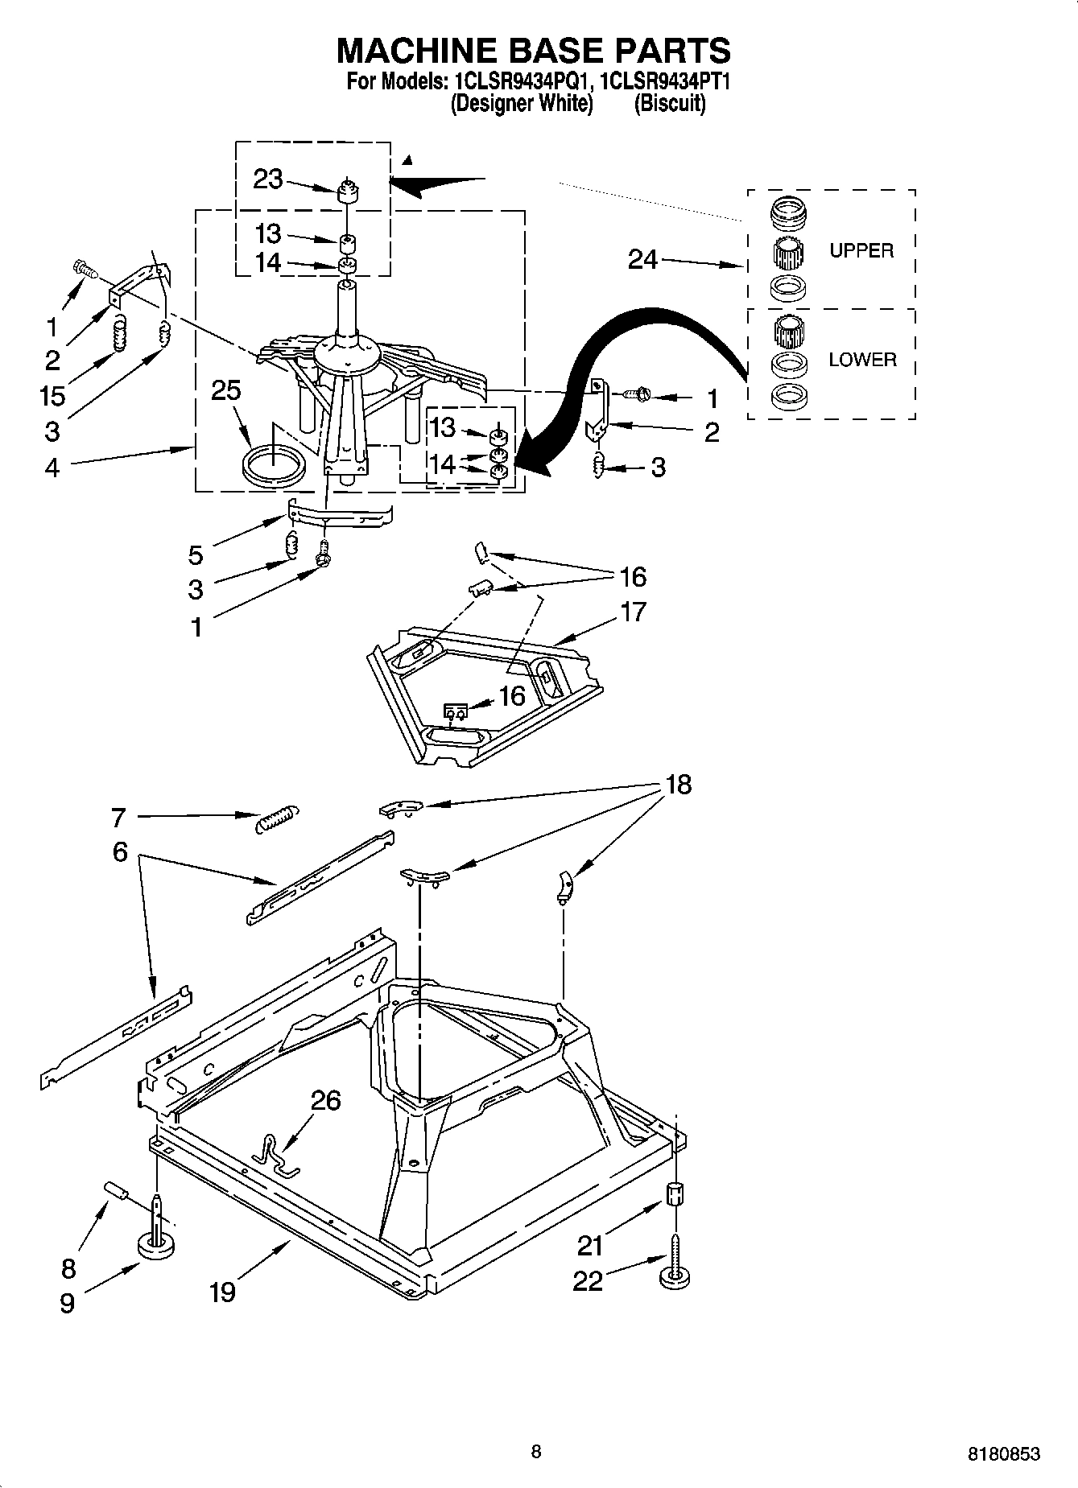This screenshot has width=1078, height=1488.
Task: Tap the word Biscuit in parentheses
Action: coord(670,103)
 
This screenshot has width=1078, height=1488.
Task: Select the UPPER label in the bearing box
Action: coord(861,250)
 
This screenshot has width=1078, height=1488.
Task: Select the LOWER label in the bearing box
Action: coord(862,360)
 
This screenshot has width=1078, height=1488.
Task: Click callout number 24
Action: coord(642,259)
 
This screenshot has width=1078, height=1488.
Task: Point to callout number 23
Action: coord(268,179)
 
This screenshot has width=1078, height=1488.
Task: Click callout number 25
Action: coord(226,390)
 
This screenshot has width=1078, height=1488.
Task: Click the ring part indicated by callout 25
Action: coord(274,467)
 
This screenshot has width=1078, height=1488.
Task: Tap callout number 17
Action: coord(634,612)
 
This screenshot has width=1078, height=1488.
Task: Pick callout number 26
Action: coord(325,1100)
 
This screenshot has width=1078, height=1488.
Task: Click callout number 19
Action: coord(222,1292)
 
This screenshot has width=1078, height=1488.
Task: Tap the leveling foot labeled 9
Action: coord(158,1245)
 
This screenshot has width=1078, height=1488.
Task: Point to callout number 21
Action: coord(589,1246)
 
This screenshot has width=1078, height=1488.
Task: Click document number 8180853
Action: coord(1003,1453)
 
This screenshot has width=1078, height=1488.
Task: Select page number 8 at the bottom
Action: coord(536,1451)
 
